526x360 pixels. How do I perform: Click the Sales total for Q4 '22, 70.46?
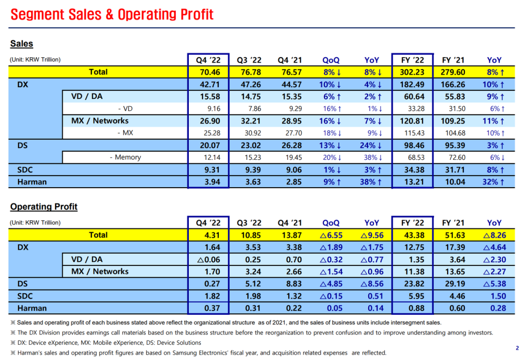(x=210, y=72)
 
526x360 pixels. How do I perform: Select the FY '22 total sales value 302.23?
(x=412, y=72)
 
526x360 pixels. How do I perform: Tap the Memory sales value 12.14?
(x=212, y=157)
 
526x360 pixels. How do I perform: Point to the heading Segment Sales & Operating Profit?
(x=112, y=14)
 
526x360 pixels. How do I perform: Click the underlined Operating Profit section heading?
(x=44, y=207)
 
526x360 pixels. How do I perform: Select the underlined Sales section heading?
(x=22, y=44)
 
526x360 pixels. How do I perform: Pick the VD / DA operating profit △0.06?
(x=209, y=260)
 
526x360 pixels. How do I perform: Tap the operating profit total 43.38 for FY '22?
(x=414, y=235)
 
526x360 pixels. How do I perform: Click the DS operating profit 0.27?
(x=212, y=284)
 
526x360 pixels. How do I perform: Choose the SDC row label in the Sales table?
(x=25, y=170)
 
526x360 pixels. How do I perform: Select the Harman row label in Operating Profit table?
(x=32, y=308)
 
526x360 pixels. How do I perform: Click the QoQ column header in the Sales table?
(x=331, y=60)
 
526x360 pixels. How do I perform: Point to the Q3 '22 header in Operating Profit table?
(x=249, y=223)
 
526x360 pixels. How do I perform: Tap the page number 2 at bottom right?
(x=517, y=348)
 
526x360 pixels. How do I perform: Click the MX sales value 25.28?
(x=212, y=133)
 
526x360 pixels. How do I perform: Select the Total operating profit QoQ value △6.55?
(x=331, y=235)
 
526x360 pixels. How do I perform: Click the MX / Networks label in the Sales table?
(x=99, y=121)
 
